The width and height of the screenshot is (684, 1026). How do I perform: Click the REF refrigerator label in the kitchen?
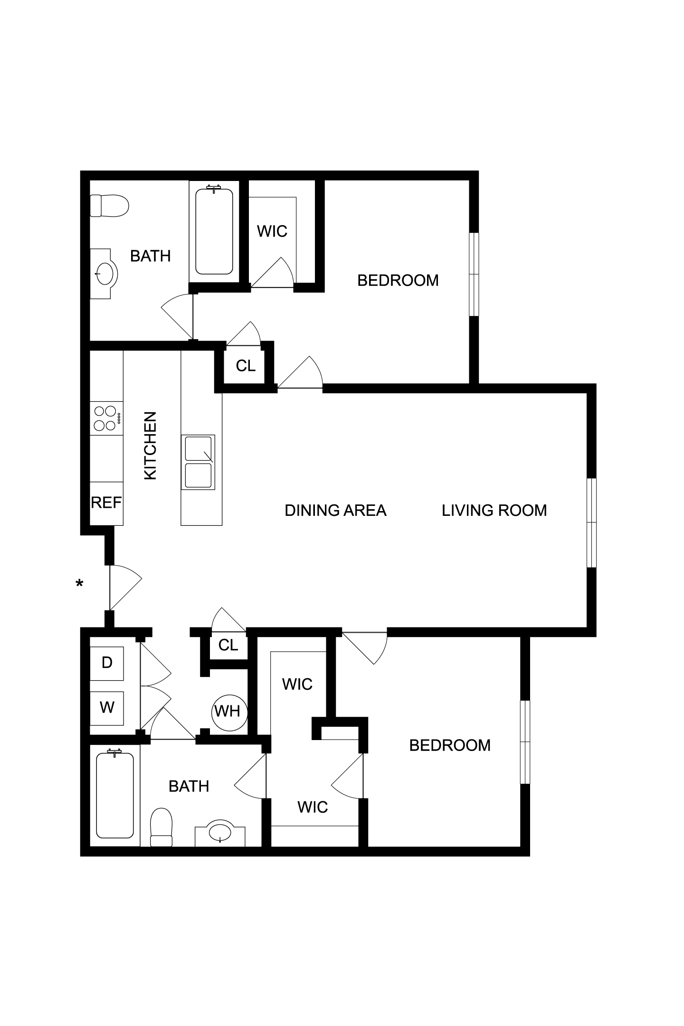click(x=106, y=503)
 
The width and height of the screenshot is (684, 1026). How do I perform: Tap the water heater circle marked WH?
click(x=229, y=712)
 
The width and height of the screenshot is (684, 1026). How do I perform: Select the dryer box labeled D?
click(x=107, y=663)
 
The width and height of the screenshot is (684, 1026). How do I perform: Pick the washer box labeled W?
click(x=107, y=707)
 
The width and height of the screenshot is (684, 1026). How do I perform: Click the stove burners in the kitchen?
click(x=106, y=418)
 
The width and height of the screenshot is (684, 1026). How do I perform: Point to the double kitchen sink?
click(x=198, y=462)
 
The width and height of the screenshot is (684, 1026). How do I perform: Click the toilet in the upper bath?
click(x=109, y=205)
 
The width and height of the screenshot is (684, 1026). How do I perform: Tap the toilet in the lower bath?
click(x=161, y=827)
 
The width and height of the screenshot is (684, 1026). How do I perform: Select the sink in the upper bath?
click(x=104, y=274)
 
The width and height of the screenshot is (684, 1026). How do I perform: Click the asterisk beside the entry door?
click(x=79, y=583)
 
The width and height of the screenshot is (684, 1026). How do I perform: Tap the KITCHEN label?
click(x=150, y=446)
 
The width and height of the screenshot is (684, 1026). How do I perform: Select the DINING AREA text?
click(x=335, y=510)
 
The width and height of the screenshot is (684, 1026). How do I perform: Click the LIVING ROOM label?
click(x=494, y=510)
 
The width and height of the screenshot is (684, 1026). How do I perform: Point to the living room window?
click(x=591, y=522)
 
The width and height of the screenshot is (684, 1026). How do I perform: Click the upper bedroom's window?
click(x=474, y=274)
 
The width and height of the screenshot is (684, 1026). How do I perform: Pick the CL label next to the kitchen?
click(x=246, y=365)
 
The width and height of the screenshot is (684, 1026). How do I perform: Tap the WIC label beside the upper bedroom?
click(x=272, y=231)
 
